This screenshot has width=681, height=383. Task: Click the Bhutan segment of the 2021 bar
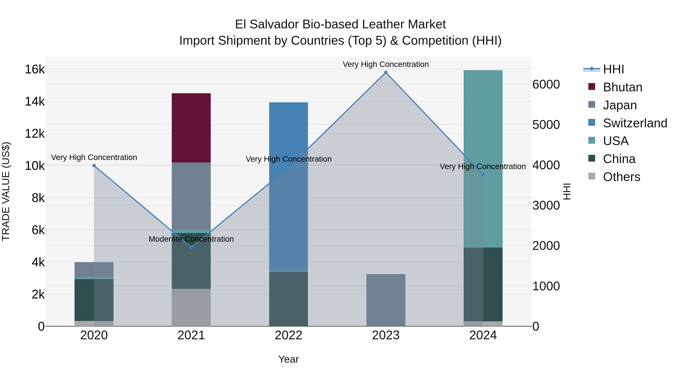point(191,128)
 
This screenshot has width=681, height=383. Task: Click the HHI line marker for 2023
point(386,72)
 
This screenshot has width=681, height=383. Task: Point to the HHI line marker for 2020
point(94,166)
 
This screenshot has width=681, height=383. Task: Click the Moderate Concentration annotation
point(191,239)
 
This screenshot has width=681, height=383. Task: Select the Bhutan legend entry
point(622,87)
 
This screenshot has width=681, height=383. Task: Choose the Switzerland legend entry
point(635,123)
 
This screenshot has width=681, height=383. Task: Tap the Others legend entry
point(621,177)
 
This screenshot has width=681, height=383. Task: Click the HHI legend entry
point(613,69)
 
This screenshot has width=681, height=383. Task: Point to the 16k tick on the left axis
point(35,70)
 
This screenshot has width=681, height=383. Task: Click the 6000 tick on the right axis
point(546,85)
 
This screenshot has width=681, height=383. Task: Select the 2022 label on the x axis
point(288,335)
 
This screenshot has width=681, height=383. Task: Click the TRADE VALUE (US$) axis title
point(6,191)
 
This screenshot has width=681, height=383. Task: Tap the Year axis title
point(288,359)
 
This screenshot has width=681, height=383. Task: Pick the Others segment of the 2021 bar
point(191,307)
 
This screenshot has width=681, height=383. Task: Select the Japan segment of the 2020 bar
point(94,269)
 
